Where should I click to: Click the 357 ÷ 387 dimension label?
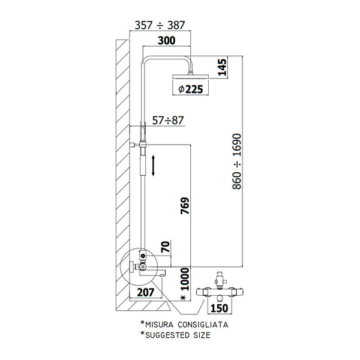coord(160,25)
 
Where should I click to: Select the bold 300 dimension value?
coord(167,41)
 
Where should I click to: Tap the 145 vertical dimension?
coord(222,67)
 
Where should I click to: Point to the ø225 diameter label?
coord(191,89)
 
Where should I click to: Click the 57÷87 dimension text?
coord(168,121)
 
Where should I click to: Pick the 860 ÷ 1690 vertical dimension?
coord(237,161)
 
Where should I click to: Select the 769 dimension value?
coord(185,206)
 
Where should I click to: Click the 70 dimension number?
coord(166,247)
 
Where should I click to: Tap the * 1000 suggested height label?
coord(185,284)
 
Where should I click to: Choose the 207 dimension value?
coord(146,293)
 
